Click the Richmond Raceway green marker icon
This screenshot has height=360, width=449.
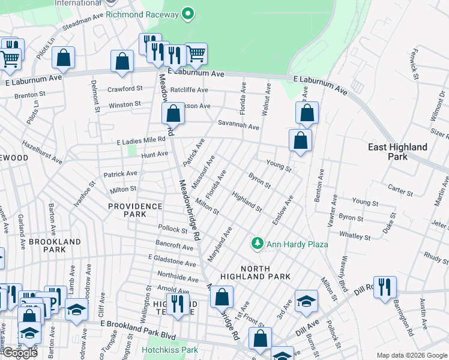pyautogui.click(x=188, y=13)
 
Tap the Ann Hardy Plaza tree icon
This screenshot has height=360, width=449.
pyautogui.click(x=257, y=244)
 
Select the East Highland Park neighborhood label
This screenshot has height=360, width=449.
pyautogui.click(x=398, y=152)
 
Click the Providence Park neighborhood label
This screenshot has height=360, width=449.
pyautogui.click(x=135, y=210)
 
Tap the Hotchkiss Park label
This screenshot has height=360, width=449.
pyautogui.click(x=170, y=350)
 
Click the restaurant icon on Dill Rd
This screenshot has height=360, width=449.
pyautogui.click(x=384, y=286)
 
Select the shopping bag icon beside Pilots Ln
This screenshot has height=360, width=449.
pyautogui.click(x=63, y=58)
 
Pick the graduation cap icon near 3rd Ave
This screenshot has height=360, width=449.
pyautogui.click(x=306, y=301)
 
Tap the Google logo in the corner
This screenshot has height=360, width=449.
pyautogui.click(x=19, y=353)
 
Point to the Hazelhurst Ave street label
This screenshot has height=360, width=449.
pyautogui.click(x=41, y=152)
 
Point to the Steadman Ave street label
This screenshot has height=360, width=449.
pyautogui.click(x=83, y=21)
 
